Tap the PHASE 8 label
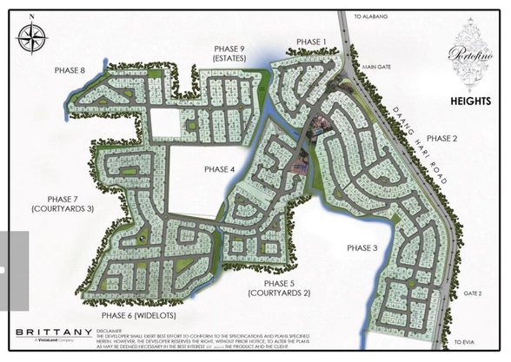coord(70,70)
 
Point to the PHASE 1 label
coord(311,42)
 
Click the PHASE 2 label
coord(441,138)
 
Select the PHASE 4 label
coord(220,168)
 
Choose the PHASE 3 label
coord(362,247)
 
